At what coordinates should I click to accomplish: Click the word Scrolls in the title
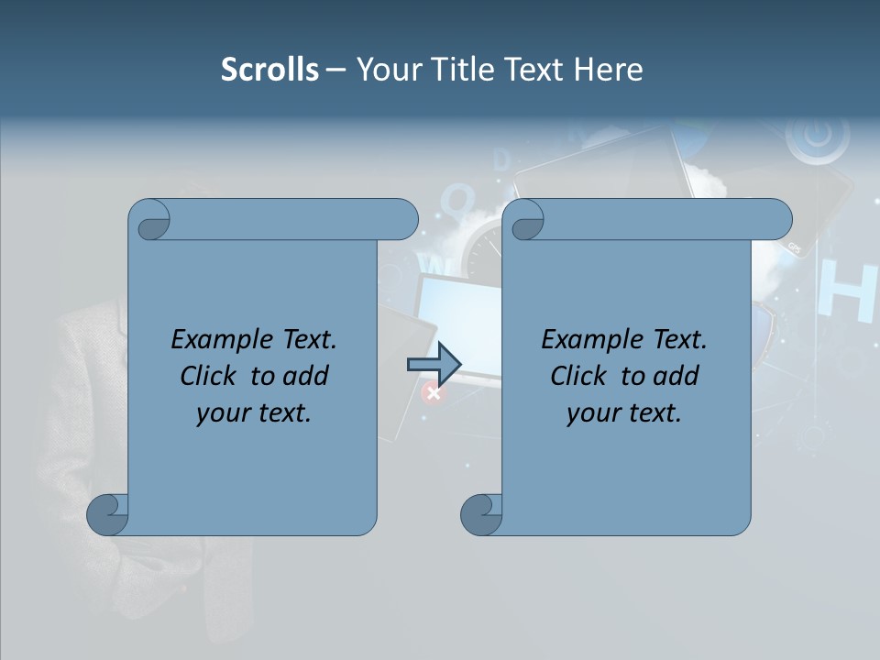(x=269, y=70)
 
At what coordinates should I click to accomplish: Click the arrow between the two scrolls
(x=434, y=364)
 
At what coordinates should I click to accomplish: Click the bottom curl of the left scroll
(x=106, y=513)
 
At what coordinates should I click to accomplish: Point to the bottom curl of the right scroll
(x=480, y=513)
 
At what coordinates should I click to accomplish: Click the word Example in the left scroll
(x=214, y=340)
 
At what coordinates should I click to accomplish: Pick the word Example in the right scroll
(x=584, y=340)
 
